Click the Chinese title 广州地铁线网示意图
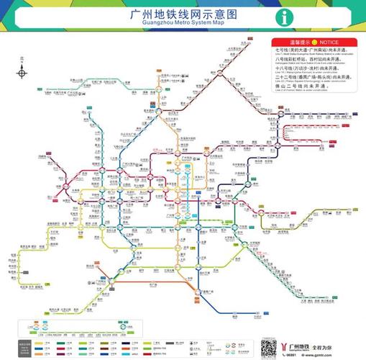click(x=184, y=14)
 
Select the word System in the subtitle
click(x=198, y=24)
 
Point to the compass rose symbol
click(x=22, y=73)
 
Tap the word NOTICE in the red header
click(x=320, y=42)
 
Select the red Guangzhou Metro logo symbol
click(x=288, y=342)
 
